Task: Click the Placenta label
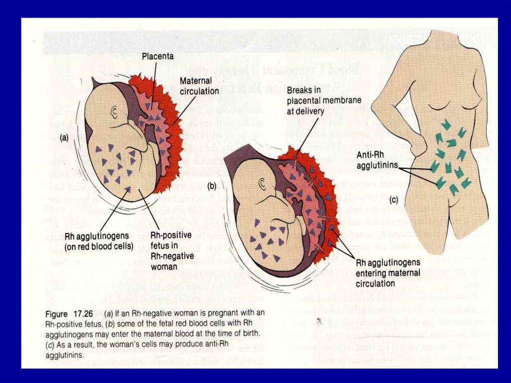[x=157, y=56]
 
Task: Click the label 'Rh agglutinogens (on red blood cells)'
[x=99, y=240]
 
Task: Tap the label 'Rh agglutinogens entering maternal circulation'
[x=388, y=272]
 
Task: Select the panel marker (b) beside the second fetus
[x=211, y=185]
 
